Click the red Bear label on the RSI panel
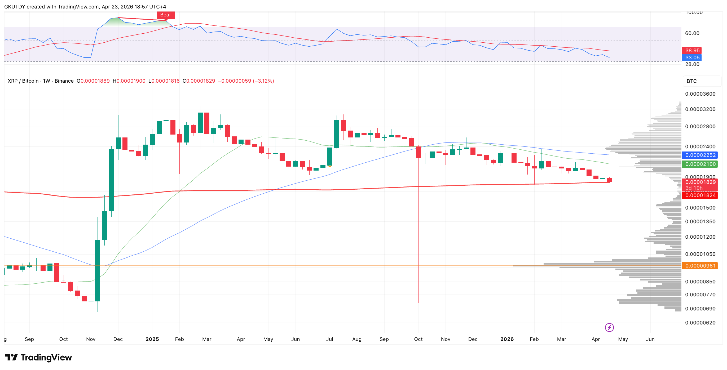(166, 15)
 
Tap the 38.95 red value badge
(692, 51)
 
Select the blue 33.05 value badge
(692, 57)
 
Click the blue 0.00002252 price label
(700, 155)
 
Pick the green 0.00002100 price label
(700, 164)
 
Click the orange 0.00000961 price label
(700, 266)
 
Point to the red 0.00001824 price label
(700, 195)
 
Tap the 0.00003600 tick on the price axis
(700, 94)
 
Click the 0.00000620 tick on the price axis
(700, 323)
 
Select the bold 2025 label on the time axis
(152, 339)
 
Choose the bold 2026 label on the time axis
(507, 339)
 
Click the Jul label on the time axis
(330, 339)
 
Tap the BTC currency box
(692, 81)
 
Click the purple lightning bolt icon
(609, 327)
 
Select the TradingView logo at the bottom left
(39, 358)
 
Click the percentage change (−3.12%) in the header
(264, 81)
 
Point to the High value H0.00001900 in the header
(129, 81)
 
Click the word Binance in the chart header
(64, 81)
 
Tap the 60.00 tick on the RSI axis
(692, 33)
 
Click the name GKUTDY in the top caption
(15, 6)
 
